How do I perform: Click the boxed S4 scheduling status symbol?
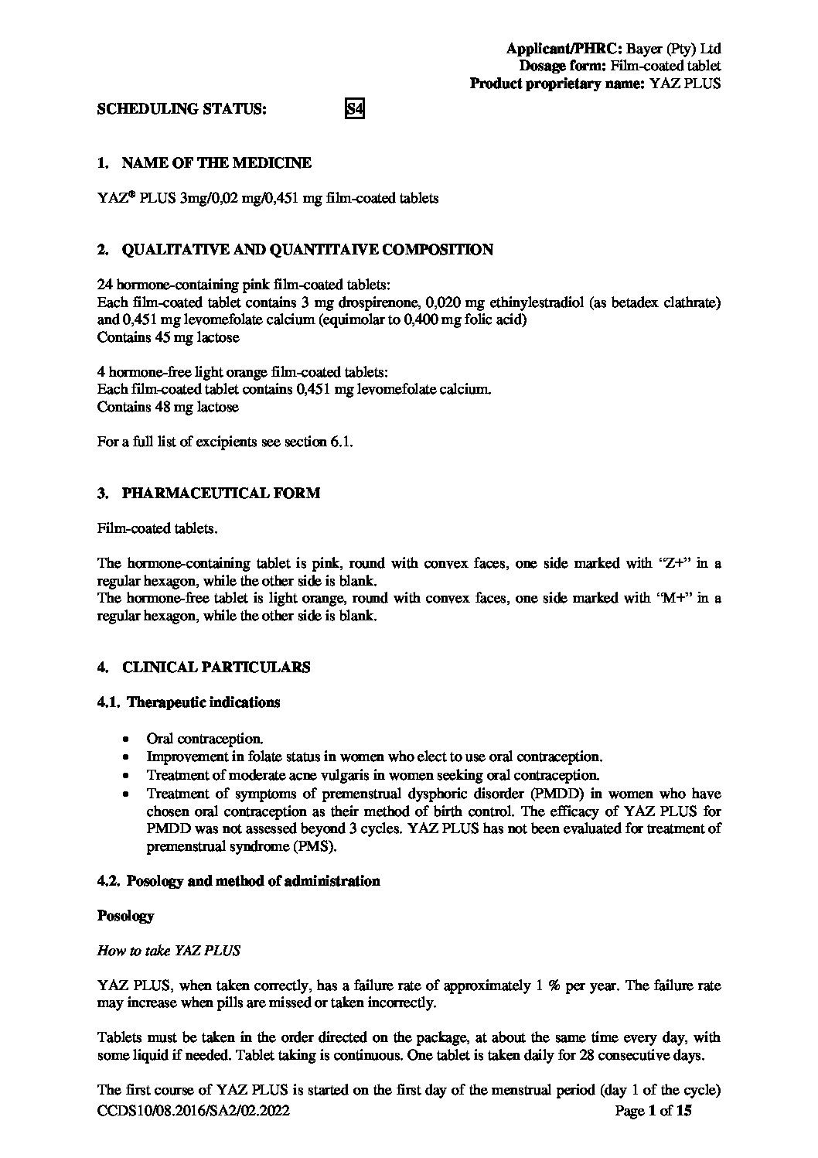[x=353, y=109]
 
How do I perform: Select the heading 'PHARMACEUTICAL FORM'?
[x=220, y=494]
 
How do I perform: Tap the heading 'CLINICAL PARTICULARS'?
[x=216, y=668]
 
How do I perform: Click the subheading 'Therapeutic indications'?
[x=203, y=702]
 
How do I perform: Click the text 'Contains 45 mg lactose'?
[x=169, y=337]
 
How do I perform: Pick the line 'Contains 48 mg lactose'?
[x=169, y=407]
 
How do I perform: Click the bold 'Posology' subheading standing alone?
[x=125, y=916]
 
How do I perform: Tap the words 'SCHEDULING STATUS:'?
[x=182, y=109]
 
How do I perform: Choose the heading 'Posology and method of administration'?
[x=253, y=881]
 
